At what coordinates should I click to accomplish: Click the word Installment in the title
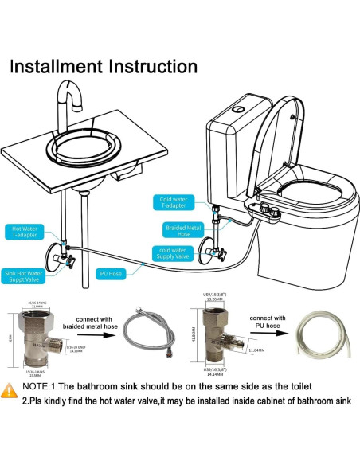[x=59, y=66]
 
